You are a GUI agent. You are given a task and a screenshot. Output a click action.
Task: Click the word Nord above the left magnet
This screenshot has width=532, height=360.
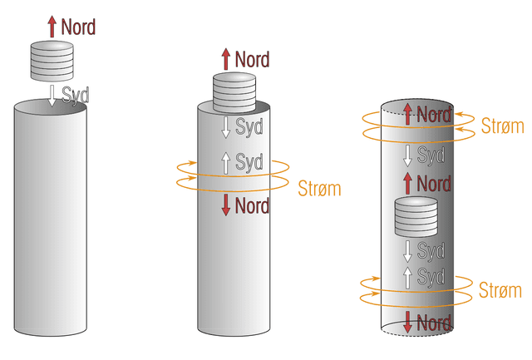click(77, 27)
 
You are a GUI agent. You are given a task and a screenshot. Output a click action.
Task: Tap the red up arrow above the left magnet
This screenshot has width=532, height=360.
click(52, 26)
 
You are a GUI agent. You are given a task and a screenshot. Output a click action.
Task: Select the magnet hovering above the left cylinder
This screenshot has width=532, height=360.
click(52, 61)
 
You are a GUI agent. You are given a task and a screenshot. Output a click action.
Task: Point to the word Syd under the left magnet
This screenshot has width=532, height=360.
click(76, 94)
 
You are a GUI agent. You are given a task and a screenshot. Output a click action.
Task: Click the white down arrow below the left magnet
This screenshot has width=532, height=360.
click(52, 95)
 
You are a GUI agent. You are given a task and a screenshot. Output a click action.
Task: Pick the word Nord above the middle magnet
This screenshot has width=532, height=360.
click(252, 59)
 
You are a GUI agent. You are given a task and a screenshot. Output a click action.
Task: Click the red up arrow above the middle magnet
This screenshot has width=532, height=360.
click(225, 59)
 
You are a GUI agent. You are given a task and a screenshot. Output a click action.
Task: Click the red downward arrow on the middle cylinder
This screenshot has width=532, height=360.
click(225, 205)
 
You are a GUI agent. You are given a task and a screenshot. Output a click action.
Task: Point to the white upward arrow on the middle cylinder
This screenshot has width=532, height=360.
click(225, 161)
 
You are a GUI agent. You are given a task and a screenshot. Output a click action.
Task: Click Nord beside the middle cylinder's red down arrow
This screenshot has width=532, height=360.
click(253, 205)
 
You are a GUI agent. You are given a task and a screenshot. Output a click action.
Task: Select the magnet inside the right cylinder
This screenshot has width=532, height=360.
click(415, 218)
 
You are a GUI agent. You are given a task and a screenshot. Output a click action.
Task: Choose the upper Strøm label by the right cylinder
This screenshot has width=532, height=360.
click(502, 126)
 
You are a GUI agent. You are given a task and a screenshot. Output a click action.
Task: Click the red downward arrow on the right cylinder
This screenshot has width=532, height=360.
click(407, 323)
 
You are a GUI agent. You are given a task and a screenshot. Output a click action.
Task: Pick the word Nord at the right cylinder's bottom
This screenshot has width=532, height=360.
click(434, 323)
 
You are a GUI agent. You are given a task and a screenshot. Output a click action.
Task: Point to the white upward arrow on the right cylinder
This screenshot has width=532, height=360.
click(407, 277)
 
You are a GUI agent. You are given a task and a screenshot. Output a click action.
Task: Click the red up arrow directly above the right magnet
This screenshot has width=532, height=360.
click(407, 182)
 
